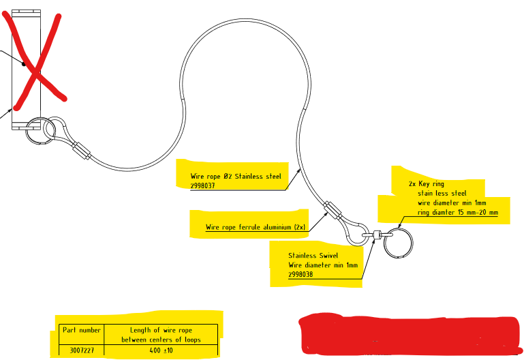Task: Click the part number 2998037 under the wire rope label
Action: coord(203,185)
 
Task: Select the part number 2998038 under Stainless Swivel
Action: coord(300,273)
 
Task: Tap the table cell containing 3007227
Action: coord(81,350)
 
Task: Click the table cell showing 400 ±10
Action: coord(161,350)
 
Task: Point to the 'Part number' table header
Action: coord(81,330)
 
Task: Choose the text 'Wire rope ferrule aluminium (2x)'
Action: coord(256,227)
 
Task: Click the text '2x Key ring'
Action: coord(426,184)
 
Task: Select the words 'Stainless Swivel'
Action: coord(313,256)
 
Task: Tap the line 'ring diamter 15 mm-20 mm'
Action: coord(458,213)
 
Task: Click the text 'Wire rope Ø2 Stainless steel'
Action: coord(236,176)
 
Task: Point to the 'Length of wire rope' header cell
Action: coord(161,330)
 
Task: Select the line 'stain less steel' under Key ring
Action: coord(442,193)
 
